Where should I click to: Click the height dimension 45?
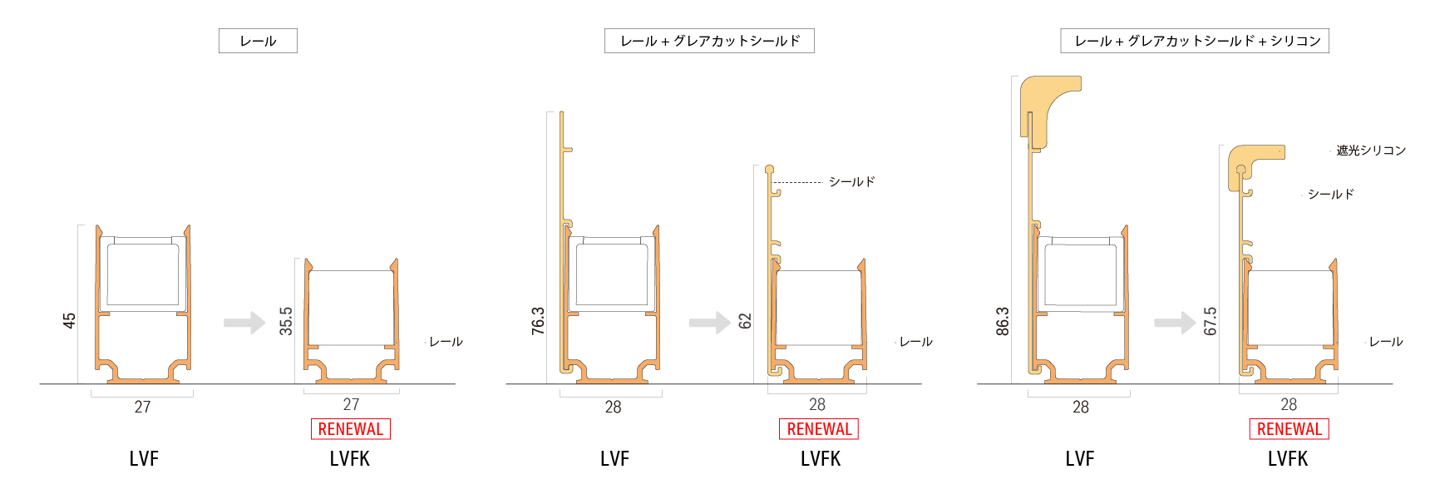69,320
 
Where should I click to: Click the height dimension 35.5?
286,321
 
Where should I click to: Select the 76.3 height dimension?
538,321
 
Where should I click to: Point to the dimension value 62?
745,321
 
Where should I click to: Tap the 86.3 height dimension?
1003,321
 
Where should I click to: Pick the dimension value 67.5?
1211,321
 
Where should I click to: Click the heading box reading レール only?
258,41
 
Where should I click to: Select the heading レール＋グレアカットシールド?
709,41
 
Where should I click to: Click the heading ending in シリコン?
1195,41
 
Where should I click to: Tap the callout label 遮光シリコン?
1370,151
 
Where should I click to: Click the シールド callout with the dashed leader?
851,181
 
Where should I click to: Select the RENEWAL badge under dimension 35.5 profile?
350,429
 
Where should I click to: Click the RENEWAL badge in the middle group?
819,429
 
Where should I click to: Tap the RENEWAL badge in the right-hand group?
1289,429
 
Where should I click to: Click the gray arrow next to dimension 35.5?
244,322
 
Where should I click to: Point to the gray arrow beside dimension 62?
709,322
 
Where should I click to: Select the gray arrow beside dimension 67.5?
1174,322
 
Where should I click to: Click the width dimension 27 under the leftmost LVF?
142,407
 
